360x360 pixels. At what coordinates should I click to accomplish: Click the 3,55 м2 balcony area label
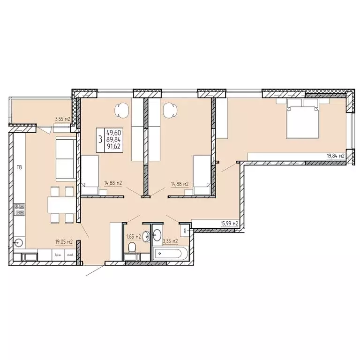click(62, 120)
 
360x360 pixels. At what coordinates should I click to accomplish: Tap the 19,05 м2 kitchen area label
click(63, 242)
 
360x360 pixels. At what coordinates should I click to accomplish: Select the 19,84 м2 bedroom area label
click(336, 157)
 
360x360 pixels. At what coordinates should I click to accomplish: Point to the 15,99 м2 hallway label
click(230, 224)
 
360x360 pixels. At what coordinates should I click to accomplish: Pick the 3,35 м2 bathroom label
click(170, 242)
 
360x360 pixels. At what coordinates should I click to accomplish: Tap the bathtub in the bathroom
click(169, 255)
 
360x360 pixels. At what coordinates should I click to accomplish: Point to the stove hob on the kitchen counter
click(20, 209)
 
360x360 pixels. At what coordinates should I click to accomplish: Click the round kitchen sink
click(19, 242)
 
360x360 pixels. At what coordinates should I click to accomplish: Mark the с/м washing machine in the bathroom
click(186, 230)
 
